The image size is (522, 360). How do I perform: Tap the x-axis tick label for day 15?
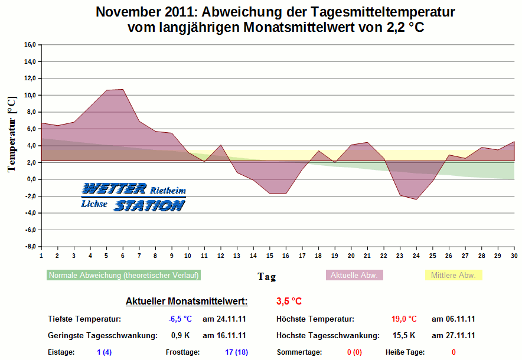(269, 256)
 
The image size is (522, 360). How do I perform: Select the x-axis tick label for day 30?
(514, 256)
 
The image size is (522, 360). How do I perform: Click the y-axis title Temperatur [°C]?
(11, 134)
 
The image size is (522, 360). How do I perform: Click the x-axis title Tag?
(266, 276)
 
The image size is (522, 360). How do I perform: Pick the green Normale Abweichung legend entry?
(123, 276)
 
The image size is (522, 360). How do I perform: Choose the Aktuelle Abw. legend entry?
(354, 276)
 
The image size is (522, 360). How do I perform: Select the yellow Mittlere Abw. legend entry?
(454, 276)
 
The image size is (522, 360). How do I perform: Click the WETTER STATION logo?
(133, 197)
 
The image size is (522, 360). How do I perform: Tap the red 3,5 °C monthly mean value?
(289, 302)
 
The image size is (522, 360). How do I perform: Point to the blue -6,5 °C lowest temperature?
(180, 319)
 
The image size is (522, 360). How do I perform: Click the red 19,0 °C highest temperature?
(404, 319)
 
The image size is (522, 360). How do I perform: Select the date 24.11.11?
(224, 319)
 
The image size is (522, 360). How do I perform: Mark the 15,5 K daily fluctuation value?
(404, 336)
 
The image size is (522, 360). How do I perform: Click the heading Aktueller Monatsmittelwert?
(187, 302)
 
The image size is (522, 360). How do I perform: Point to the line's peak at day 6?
(123, 89)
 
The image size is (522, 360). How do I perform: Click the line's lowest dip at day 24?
(416, 199)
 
